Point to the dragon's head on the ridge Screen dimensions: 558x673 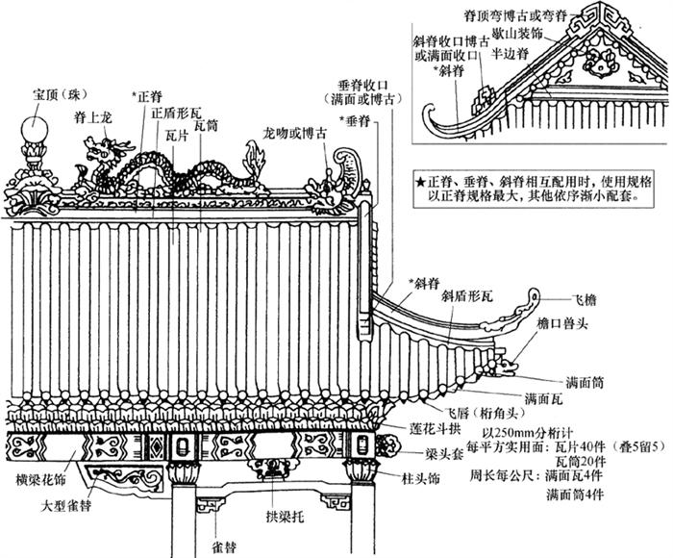97,150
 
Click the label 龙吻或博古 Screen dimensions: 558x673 294,130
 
